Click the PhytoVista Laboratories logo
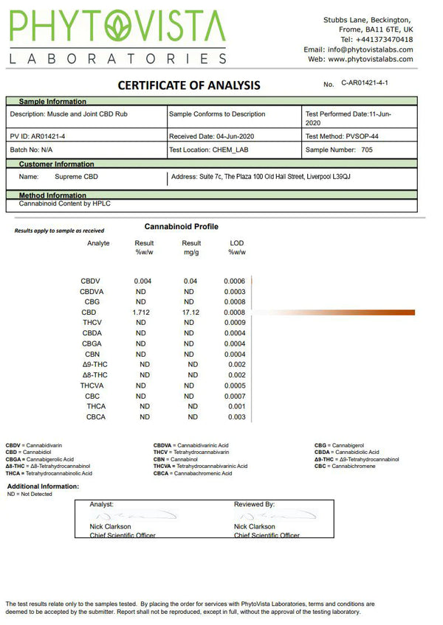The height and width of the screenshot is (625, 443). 118,37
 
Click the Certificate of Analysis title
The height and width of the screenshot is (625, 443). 189,85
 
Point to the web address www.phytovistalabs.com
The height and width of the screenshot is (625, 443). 370,59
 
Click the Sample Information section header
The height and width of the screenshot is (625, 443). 52,102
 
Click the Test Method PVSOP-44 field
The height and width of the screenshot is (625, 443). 341,136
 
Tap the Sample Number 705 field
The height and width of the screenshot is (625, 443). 339,150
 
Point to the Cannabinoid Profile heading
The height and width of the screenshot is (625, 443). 181,227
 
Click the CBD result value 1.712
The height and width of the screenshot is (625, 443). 142,312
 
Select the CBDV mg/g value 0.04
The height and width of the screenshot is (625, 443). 190,282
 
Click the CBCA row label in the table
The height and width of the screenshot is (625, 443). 96,417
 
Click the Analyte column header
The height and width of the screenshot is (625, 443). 98,243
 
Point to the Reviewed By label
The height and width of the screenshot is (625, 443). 254,504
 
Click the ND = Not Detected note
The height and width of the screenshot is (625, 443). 30,495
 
